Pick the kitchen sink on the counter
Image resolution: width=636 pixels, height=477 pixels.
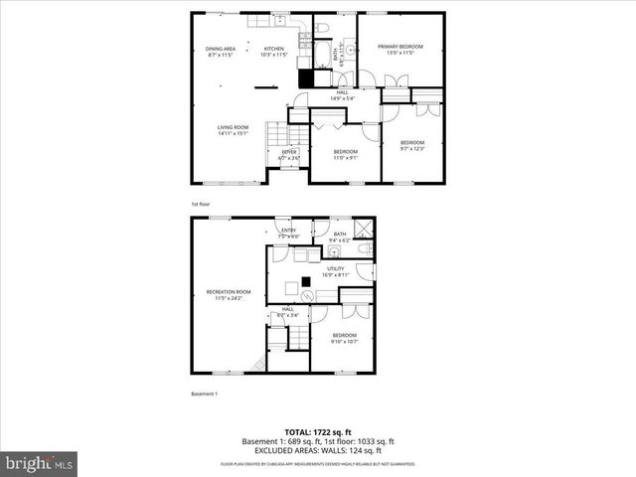281,19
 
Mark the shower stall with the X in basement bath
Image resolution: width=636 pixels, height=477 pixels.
365,227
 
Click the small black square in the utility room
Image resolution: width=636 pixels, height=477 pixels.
307,280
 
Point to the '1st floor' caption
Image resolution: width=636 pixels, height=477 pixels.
200,204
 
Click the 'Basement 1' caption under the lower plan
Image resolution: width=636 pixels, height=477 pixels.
204,395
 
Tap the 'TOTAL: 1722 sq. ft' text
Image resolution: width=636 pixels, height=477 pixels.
318,432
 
